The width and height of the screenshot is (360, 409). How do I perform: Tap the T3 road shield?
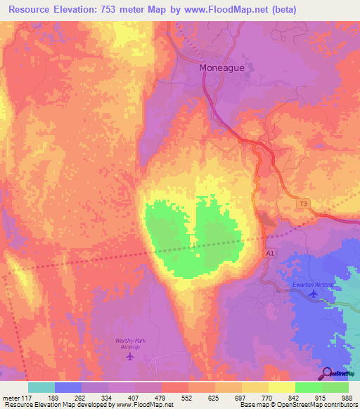click(x=303, y=204)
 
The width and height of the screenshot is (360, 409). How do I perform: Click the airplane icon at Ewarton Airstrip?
click(x=312, y=294)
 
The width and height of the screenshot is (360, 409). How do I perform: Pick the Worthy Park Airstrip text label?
click(x=129, y=344)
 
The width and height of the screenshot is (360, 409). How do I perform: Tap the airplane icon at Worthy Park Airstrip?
click(x=129, y=356)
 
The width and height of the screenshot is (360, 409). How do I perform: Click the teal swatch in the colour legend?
click(x=41, y=387)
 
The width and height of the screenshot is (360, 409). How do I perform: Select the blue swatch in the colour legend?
click(x=68, y=387)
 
